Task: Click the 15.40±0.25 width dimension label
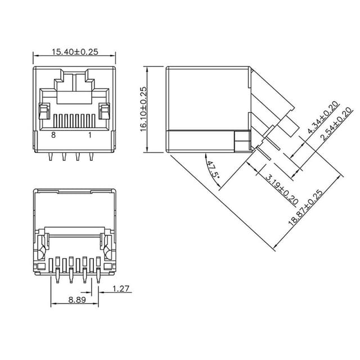[x=75, y=52]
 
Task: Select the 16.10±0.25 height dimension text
[x=143, y=109]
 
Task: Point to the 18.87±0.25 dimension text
[x=305, y=208]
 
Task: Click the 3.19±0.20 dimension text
[x=282, y=189]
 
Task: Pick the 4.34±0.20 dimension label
[x=323, y=117]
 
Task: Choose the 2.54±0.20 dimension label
[x=336, y=124]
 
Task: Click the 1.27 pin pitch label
[x=121, y=289]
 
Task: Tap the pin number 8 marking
[x=53, y=135]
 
